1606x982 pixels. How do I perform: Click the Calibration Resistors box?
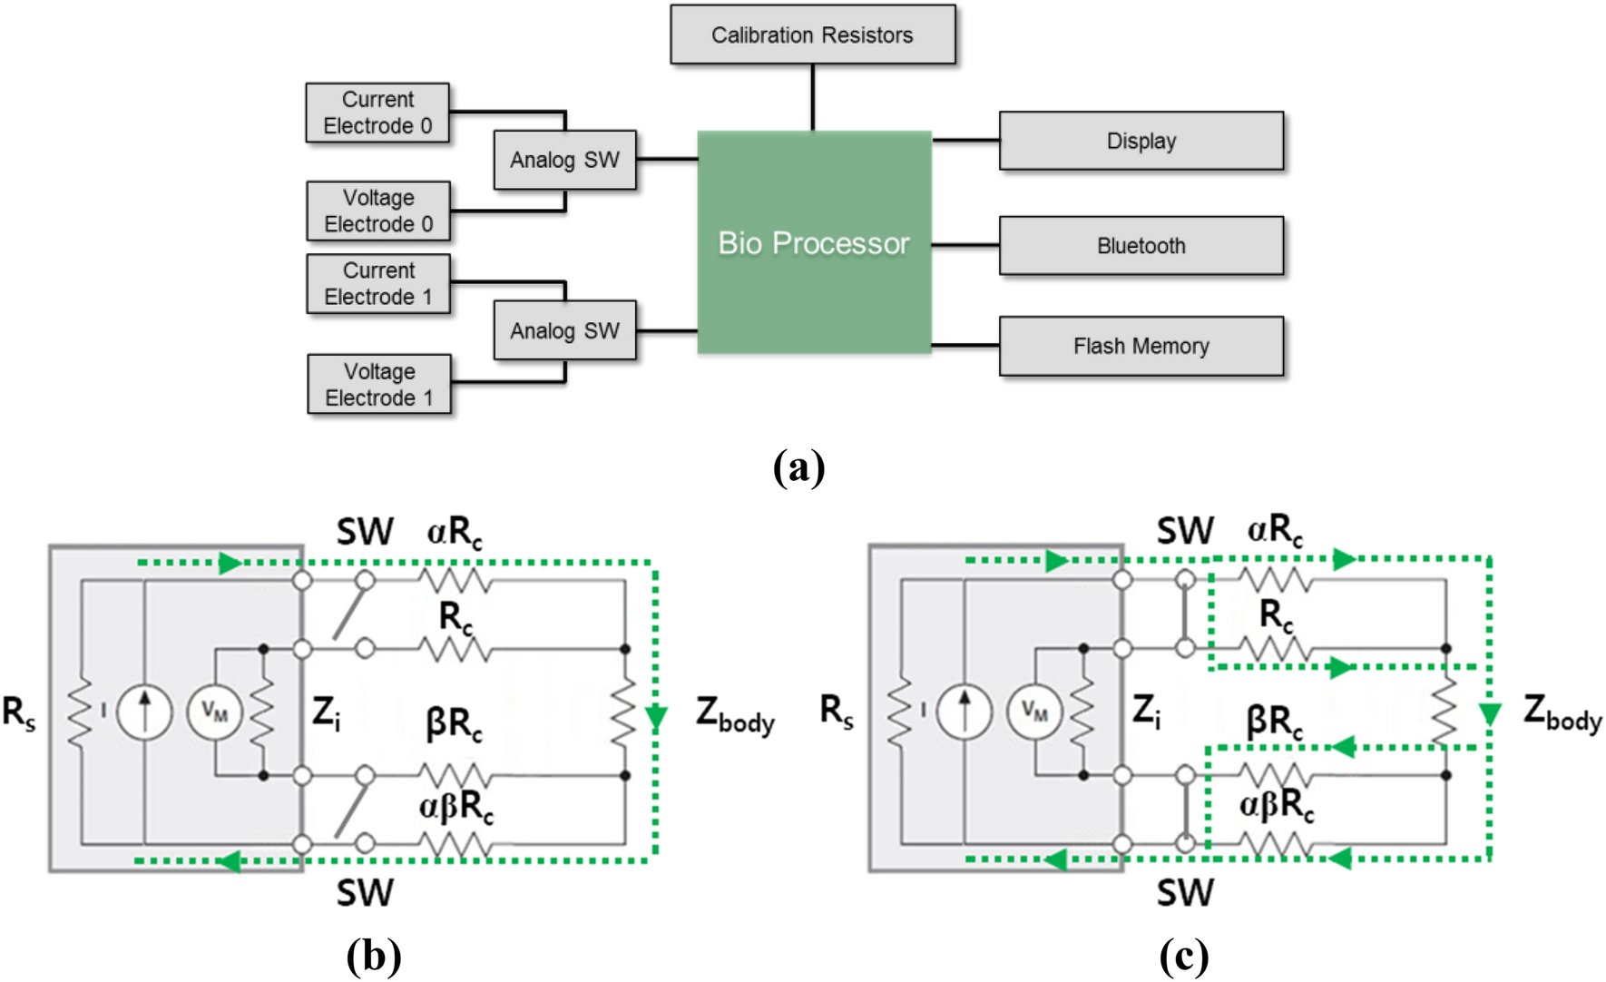point(812,34)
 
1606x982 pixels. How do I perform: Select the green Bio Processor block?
point(814,242)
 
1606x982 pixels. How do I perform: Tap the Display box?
point(1141,141)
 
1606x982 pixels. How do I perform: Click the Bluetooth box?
point(1141,245)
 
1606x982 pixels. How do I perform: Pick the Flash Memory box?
point(1141,346)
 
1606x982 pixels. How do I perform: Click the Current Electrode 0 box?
point(377,113)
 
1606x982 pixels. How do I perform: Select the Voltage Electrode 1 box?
point(379,384)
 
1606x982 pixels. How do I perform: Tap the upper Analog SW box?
point(564,160)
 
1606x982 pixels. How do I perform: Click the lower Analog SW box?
point(564,330)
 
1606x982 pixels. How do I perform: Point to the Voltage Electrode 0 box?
point(378,211)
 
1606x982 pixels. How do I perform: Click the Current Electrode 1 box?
point(378,283)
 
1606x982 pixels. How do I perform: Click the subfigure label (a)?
point(798,467)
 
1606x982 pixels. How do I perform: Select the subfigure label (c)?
point(1183,955)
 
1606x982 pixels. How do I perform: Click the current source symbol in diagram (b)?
point(144,712)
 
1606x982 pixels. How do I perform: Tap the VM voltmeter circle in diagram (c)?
point(1033,712)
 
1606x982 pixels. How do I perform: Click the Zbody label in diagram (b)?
point(735,714)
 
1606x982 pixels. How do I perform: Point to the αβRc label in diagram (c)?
point(1276,805)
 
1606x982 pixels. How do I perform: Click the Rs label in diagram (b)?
point(19,712)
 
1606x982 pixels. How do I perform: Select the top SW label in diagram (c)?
point(1184,531)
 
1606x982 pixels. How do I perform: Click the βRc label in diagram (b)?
point(454,724)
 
